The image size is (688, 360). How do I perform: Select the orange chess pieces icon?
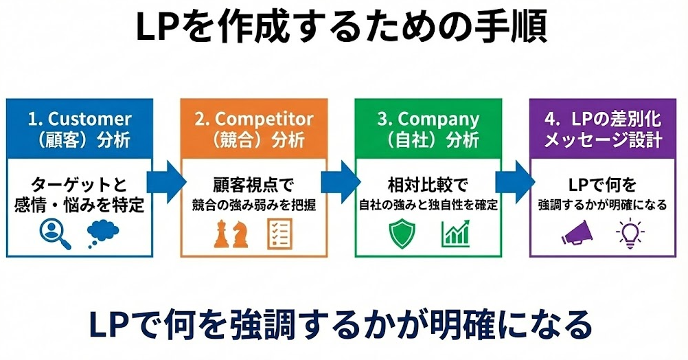pos(230,234)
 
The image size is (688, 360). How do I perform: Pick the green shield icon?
pos(402,234)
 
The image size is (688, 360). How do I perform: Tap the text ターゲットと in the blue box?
pos(79,184)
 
